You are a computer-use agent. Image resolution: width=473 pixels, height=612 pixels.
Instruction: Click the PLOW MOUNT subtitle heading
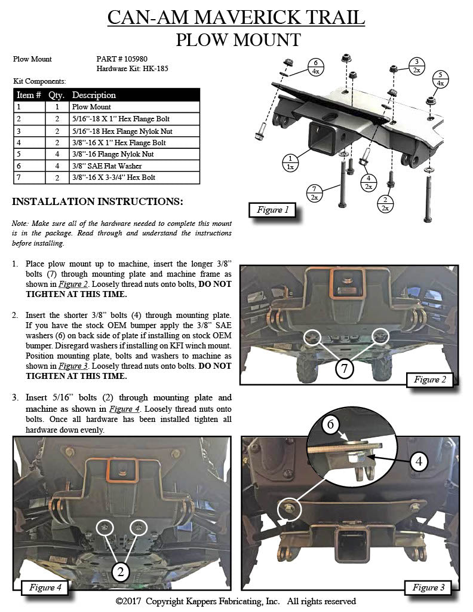coord(237,40)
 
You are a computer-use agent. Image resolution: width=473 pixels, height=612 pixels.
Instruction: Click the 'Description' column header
coord(94,95)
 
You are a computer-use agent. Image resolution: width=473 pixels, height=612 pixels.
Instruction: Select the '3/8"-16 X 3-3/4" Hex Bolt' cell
coord(114,178)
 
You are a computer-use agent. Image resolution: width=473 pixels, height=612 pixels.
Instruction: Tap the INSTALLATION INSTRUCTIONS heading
coord(97,201)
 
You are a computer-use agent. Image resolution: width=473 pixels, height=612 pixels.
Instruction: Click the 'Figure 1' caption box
coord(273,210)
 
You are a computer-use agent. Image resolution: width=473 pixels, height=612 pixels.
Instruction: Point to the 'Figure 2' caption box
coord(430,380)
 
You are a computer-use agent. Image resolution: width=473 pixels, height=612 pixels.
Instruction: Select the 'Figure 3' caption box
coord(429,587)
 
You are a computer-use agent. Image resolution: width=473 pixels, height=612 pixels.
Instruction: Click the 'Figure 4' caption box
coord(45,587)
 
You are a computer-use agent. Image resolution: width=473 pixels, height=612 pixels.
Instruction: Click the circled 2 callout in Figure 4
coord(121,572)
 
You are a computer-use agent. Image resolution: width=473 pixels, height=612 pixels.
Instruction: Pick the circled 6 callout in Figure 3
coord(332,426)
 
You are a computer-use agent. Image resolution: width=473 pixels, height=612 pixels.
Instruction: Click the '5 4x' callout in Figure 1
coord(441,79)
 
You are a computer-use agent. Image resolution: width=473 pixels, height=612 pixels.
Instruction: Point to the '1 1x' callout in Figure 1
coord(290,163)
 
